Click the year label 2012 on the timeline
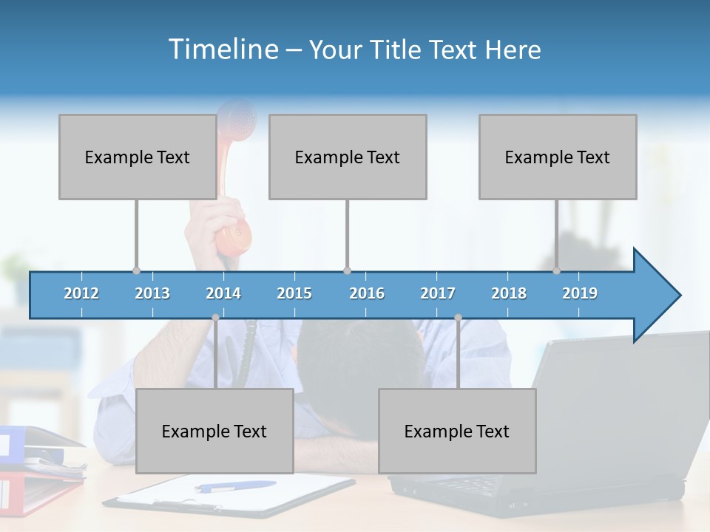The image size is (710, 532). pos(81,293)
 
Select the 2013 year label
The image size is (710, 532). pos(152,293)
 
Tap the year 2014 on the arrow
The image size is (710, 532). pos(223,293)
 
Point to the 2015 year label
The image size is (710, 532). pos(294,293)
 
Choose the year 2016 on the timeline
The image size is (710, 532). pos(367,293)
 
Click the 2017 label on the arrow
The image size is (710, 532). pos(438,293)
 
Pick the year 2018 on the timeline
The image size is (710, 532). pos(509,293)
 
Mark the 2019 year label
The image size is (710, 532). pos(580,293)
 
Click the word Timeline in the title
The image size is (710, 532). pos(223,50)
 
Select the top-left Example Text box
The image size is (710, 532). pos(138,157)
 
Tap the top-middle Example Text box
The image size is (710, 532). pos(348,157)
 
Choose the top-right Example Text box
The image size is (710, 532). pos(558,157)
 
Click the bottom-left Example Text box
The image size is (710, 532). pos(214,431)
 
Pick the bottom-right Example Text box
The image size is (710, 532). pos(457,431)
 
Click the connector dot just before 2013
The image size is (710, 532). pos(136,271)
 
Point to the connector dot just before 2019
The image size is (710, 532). pos(557,271)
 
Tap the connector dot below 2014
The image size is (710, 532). pos(215,318)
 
